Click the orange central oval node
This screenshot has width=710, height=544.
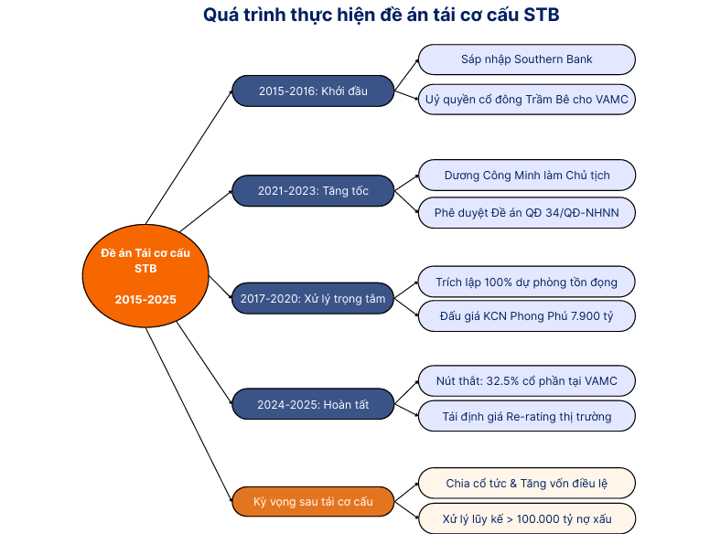point(145,275)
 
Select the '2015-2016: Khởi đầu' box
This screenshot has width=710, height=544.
point(313,91)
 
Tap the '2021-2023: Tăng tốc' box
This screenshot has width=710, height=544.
point(313,190)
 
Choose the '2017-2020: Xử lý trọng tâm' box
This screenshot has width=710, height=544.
point(313,298)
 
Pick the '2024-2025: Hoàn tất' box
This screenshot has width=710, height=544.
point(313,404)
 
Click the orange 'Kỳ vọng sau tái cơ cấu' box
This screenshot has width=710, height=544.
point(313,501)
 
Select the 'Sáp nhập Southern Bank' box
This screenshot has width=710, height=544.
point(527,59)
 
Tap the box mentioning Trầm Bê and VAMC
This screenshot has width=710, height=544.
point(527,99)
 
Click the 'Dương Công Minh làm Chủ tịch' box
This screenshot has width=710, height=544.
point(527,176)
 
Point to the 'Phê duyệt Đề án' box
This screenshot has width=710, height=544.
point(527,213)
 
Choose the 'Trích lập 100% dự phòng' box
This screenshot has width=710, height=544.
point(527,282)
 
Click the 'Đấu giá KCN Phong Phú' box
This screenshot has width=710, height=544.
point(527,316)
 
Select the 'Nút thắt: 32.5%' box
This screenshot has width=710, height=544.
point(527,380)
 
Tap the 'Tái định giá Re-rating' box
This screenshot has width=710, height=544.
point(527,416)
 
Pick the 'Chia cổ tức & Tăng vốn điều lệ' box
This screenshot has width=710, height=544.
point(527,483)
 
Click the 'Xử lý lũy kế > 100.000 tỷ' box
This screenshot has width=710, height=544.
point(527,518)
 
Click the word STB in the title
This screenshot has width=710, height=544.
point(542,15)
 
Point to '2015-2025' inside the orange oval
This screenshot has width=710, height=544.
point(145,300)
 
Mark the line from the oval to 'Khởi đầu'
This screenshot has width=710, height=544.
point(188,157)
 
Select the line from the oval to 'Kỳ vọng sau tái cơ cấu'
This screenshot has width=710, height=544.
point(188,414)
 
